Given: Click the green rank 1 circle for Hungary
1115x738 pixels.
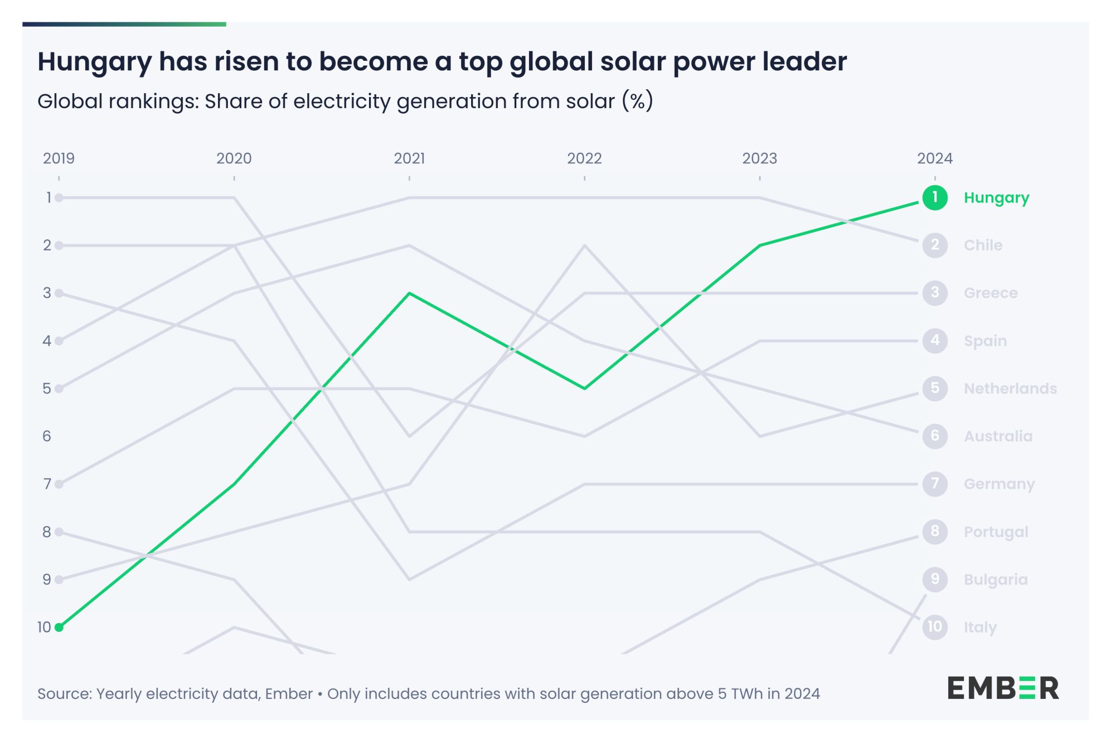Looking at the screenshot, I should (935, 197).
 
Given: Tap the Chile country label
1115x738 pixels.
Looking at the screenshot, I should (983, 245).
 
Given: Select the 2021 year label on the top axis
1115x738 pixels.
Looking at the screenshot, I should (409, 158).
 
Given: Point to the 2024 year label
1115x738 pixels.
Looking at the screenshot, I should (935, 158).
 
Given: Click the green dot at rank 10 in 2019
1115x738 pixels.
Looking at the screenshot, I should (59, 628).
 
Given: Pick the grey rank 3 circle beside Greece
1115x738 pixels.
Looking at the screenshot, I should (935, 293).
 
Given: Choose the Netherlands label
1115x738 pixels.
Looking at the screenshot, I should (1010, 388).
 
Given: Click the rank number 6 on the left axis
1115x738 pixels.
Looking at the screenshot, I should (47, 436).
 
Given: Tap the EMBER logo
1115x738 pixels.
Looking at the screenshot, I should (1003, 688).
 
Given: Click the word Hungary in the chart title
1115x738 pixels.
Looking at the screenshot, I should (94, 61).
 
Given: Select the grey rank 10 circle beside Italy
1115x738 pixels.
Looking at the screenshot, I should (935, 627).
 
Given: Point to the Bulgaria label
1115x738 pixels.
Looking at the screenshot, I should (996, 580).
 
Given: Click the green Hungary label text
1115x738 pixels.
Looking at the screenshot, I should (996, 198).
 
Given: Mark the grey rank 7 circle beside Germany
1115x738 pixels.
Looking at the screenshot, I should (935, 484).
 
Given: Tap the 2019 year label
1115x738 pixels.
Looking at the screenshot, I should (59, 158).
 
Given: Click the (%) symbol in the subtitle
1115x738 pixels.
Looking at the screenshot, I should (638, 102).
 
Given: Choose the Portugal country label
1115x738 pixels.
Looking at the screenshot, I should (996, 532).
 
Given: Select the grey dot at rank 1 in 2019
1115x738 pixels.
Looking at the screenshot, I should (59, 197).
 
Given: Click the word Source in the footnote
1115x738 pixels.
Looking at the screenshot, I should (65, 694).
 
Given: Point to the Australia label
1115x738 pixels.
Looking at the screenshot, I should (998, 436).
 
